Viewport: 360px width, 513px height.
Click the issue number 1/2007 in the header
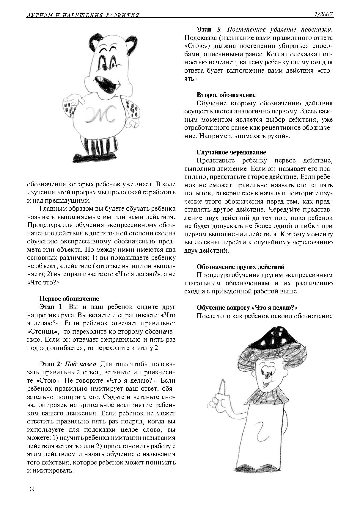click(x=323, y=14)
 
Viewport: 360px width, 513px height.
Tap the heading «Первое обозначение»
click(x=69, y=298)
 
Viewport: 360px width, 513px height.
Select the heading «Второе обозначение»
click(x=226, y=95)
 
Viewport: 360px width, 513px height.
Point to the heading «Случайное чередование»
click(x=231, y=152)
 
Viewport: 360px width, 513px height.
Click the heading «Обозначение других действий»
click(x=240, y=267)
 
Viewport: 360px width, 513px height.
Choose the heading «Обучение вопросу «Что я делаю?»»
click(x=247, y=307)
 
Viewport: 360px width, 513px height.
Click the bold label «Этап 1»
click(x=50, y=307)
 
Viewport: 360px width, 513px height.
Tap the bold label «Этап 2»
click(x=50, y=364)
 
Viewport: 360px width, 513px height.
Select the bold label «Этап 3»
click(x=208, y=30)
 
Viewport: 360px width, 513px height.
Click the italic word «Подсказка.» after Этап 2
click(x=81, y=364)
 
